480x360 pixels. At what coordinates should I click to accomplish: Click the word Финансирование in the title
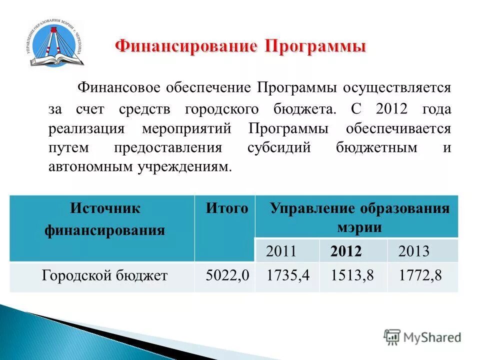click(185, 47)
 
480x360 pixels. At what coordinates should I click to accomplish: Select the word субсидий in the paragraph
click(279, 148)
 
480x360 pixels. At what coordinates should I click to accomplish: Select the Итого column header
click(226, 208)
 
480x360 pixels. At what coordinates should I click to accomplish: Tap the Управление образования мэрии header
click(359, 218)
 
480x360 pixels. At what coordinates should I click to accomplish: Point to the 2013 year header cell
click(413, 251)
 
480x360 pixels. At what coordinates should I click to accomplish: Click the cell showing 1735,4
click(286, 275)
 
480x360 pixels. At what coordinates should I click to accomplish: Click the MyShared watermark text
click(432, 337)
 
